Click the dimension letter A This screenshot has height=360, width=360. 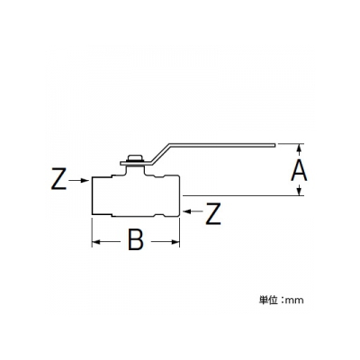tap(299, 170)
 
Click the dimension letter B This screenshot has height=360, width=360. tap(136, 239)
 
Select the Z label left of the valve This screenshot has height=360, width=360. tap(58, 179)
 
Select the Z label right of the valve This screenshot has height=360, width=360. tap(213, 214)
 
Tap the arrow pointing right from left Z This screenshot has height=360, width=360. tap(79, 180)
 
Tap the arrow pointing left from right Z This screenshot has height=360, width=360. tap(193, 211)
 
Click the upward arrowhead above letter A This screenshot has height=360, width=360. tap(299, 149)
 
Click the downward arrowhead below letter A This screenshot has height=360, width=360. tap(299, 190)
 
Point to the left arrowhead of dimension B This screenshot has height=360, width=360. tap(96, 242)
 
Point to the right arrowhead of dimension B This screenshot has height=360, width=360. tap(175, 242)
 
